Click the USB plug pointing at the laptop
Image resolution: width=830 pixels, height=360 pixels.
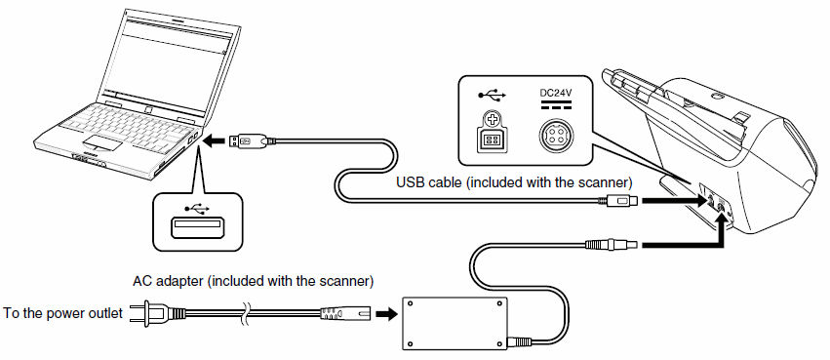252,140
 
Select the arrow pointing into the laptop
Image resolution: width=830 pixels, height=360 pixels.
214,141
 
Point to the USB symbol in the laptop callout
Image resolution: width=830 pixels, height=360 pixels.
196,209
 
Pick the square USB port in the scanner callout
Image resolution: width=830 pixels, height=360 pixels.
492,140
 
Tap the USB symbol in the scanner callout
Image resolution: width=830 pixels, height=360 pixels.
493,95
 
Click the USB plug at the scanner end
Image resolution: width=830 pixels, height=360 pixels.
617,201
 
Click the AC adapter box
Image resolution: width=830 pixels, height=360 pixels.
455,323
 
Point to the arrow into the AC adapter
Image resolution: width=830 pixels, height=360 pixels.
385,313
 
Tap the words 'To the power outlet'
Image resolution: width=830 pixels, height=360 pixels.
63,313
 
